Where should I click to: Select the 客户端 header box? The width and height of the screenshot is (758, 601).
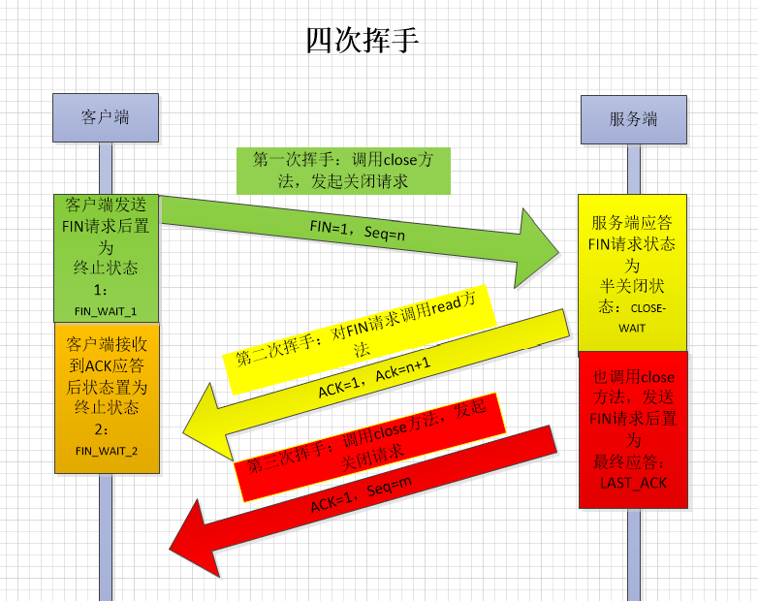tap(105, 118)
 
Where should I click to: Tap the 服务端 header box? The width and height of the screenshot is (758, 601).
tap(633, 118)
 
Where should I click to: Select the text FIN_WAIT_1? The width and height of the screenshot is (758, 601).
tap(106, 311)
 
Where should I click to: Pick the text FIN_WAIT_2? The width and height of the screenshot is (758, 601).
tap(107, 450)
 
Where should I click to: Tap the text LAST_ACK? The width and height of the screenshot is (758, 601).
tap(633, 482)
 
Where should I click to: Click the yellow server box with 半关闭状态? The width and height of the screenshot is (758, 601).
tap(633, 274)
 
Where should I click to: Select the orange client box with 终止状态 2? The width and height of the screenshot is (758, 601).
tap(106, 396)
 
